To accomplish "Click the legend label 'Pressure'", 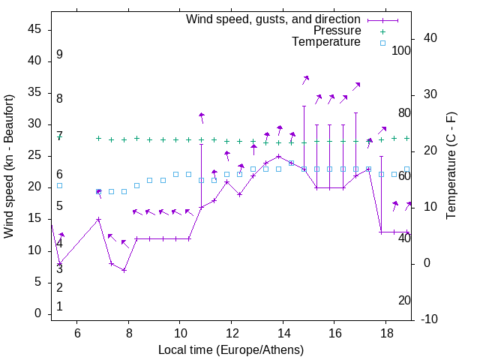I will coord(337,31).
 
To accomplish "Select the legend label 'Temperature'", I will coord(326,42).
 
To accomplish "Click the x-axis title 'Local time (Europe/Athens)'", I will coord(231,350).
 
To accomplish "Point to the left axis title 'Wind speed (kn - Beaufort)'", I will coord(9,166).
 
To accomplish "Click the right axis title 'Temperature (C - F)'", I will coord(451,166).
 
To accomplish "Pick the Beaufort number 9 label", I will coord(59,55).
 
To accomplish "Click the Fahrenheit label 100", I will coord(401,51).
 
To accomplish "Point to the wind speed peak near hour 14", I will coord(278,157).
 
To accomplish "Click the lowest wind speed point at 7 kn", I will coord(124,270).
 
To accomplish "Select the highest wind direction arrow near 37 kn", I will coord(305,79).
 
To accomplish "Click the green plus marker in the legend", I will coord(382,31).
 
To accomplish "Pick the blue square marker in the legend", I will coord(382,43).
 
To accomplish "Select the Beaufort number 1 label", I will coord(59,307).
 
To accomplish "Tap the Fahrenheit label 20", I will coord(404,301).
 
